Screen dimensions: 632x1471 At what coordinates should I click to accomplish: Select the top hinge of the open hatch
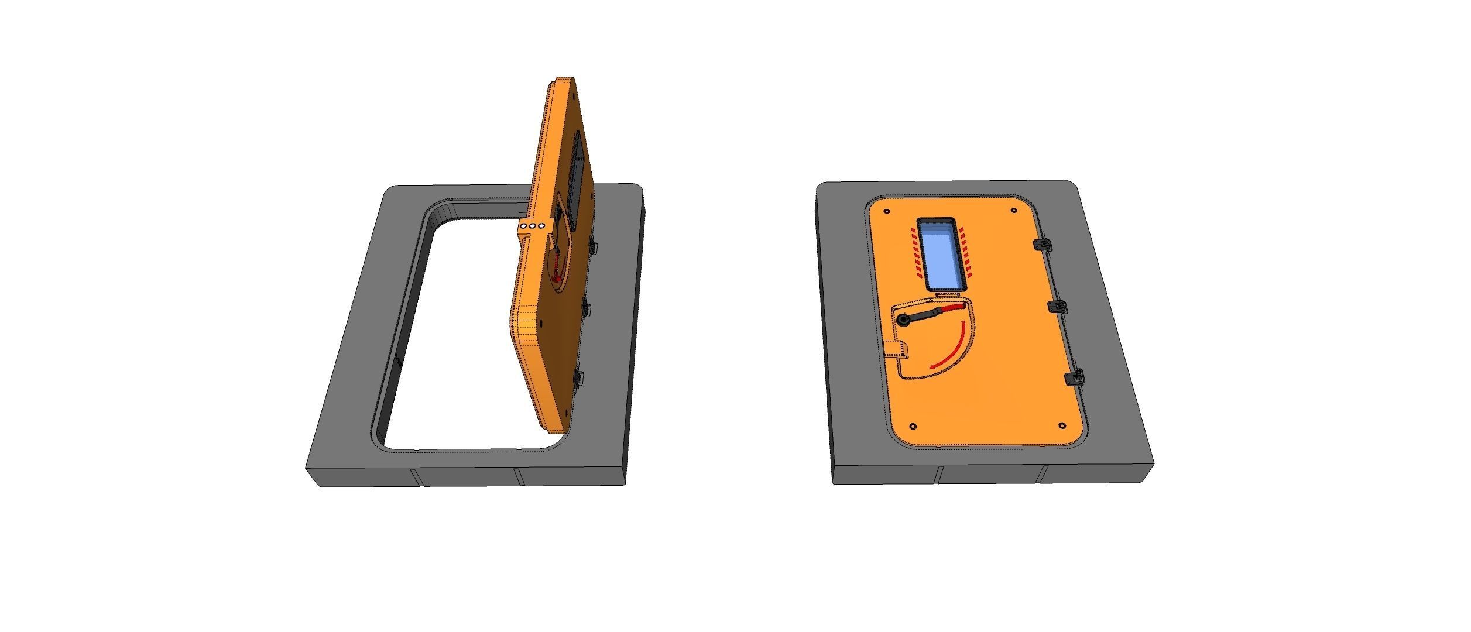coord(594,246)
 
